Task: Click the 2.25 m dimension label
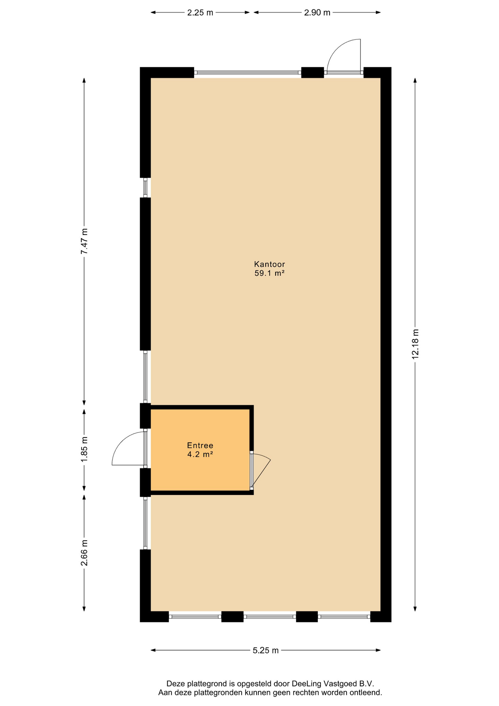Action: pos(200,13)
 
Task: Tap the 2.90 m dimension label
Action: pos(317,13)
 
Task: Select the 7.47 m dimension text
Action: pos(85,241)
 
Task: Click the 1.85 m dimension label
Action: pos(85,450)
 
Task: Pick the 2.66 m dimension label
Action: pos(85,553)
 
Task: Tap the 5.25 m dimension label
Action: pos(266,650)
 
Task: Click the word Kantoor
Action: pos(270,264)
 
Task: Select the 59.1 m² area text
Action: pos(270,273)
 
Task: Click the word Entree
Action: pos(200,445)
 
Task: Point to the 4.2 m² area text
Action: pos(200,454)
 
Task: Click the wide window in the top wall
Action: pos(248,72)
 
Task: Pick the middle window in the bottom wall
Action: pos(270,616)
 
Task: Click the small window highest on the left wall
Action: pos(145,188)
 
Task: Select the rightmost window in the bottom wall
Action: pos(344,616)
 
